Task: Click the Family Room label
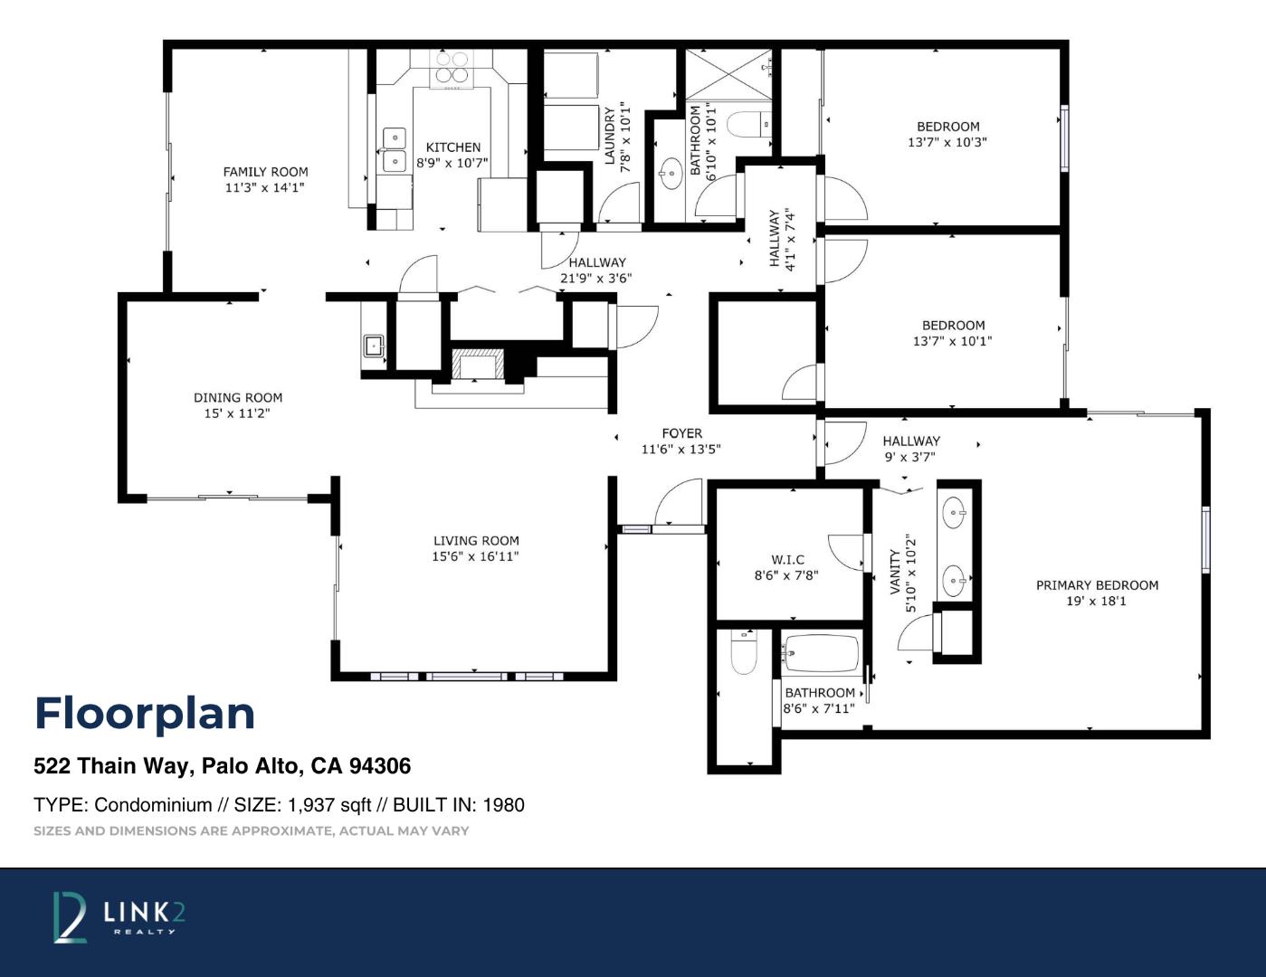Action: coord(266,172)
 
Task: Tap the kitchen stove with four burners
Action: coord(452,69)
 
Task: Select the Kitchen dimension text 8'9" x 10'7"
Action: coord(452,163)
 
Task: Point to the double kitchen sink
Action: coord(395,149)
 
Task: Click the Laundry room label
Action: coord(610,136)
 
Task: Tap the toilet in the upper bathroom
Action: coord(748,124)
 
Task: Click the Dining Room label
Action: coord(238,398)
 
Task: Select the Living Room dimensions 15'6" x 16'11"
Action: coord(475,556)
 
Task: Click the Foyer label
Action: coord(681,433)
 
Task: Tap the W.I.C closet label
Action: coord(787,560)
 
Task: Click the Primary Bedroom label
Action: coord(1097,585)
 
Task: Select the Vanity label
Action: coord(896,573)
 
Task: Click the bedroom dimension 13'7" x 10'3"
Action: coord(947,142)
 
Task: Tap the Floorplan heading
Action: coord(145,714)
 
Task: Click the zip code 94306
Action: coord(380,765)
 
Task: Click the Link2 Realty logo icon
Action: coord(70,917)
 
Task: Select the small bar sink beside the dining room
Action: coord(373,346)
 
